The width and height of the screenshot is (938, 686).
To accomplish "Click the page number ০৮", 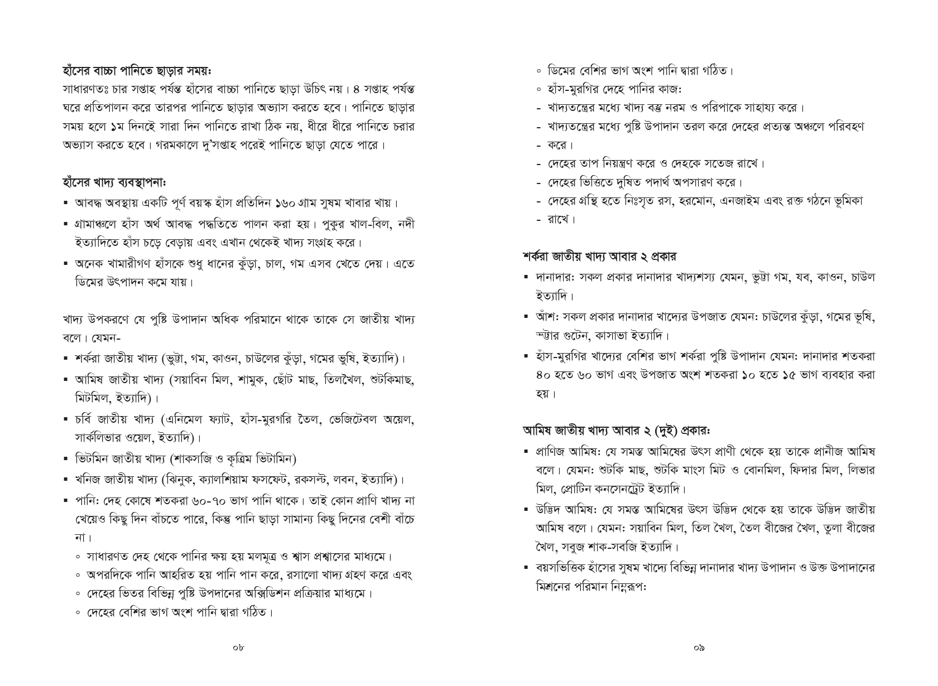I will click(238, 648).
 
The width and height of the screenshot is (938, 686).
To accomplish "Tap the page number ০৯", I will click(699, 648).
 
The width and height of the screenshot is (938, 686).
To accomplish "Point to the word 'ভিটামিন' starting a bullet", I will click(94, 459).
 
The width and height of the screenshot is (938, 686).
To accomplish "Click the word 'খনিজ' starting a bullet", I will click(88, 479).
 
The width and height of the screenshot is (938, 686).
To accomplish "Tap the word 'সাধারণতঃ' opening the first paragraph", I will click(86, 89).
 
